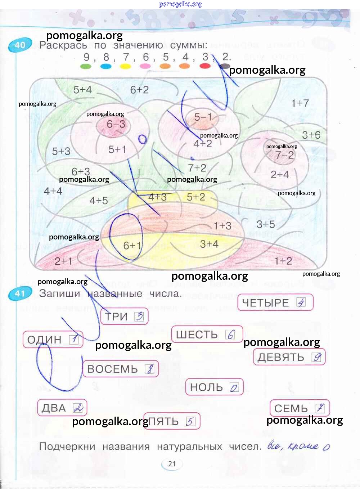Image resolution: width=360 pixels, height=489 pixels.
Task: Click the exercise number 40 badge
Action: pyautogui.click(x=20, y=45)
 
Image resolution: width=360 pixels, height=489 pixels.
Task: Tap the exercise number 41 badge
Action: pyautogui.click(x=19, y=294)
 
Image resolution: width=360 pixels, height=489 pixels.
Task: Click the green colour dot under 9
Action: pyautogui.click(x=86, y=66)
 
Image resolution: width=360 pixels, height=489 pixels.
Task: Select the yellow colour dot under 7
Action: pyautogui.click(x=125, y=66)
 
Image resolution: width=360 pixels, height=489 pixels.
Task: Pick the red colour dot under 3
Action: pyautogui.click(x=205, y=66)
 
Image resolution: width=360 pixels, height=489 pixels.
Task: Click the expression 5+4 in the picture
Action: pyautogui.click(x=82, y=90)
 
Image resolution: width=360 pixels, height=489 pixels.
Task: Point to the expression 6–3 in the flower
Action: pyautogui.click(x=116, y=124)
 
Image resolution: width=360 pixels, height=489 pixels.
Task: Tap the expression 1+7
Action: pyautogui.click(x=300, y=103)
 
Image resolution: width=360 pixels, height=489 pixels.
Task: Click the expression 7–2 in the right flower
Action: pyautogui.click(x=284, y=155)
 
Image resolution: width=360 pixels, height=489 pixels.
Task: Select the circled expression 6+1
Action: pyautogui.click(x=132, y=246)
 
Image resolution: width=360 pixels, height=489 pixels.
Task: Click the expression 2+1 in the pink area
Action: pyautogui.click(x=63, y=261)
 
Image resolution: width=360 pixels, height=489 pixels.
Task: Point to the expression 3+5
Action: pyautogui.click(x=266, y=224)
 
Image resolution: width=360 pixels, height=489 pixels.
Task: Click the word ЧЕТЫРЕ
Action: pyautogui.click(x=265, y=303)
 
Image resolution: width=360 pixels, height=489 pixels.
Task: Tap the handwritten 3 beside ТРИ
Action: pyautogui.click(x=139, y=317)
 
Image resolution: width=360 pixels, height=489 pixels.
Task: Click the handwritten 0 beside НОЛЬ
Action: pyautogui.click(x=234, y=387)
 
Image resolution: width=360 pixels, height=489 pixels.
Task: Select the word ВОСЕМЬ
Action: pyautogui.click(x=112, y=369)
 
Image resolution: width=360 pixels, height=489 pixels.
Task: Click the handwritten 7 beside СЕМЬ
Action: pyautogui.click(x=320, y=408)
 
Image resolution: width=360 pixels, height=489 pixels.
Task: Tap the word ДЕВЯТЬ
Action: pyautogui.click(x=281, y=357)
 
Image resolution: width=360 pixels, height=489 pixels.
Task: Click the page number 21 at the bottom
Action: pyautogui.click(x=172, y=464)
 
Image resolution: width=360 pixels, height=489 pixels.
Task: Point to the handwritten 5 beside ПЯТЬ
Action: pyautogui.click(x=190, y=421)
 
